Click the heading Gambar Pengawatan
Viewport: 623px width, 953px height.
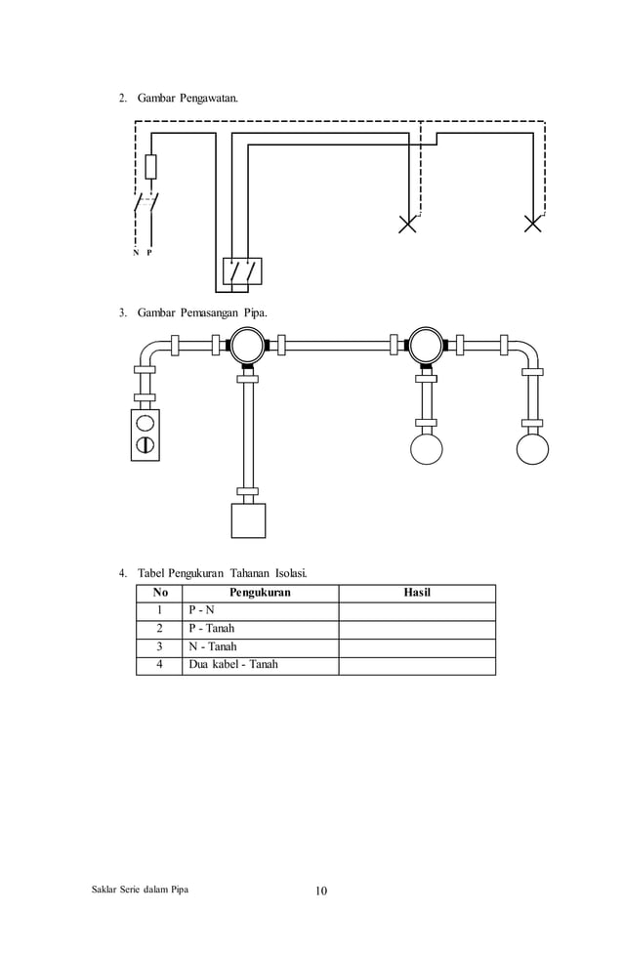coord(186,100)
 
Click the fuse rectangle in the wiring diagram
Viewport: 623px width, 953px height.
coord(150,167)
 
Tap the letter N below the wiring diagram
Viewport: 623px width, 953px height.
coord(136,252)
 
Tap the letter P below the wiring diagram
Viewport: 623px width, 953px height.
coord(149,252)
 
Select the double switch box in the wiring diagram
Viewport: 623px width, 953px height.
coord(242,270)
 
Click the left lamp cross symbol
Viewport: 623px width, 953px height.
coord(408,224)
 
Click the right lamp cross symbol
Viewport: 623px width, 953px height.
coord(533,224)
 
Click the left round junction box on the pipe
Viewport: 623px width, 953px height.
coord(246,345)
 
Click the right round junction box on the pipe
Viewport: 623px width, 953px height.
coord(425,345)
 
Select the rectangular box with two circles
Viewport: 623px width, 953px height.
coord(145,435)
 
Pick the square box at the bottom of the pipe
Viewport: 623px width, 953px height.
coord(248,520)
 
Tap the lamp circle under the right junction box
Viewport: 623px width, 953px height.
coord(426,449)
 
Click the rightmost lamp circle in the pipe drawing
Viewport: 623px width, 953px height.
coord(532,449)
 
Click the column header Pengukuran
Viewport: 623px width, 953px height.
coord(260,593)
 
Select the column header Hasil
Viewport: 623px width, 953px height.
coord(417,593)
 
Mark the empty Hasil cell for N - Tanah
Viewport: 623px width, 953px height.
coord(417,646)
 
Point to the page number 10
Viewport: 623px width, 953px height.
coord(321,891)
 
